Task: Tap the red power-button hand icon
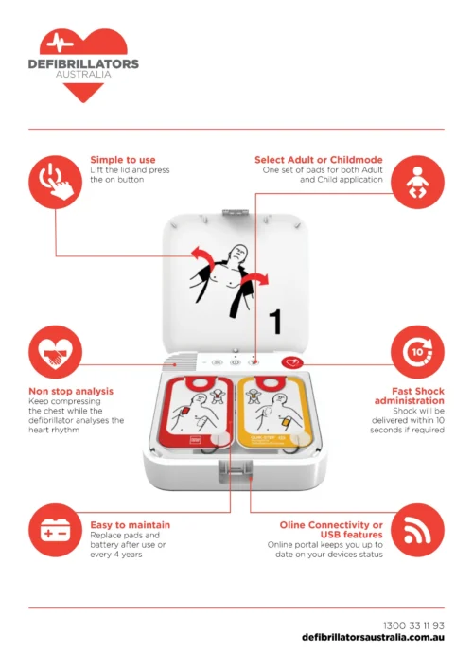tap(56, 183)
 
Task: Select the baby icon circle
tap(417, 183)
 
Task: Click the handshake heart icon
tap(56, 352)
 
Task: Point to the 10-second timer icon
tap(417, 352)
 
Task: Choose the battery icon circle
tap(56, 530)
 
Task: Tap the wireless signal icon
tap(417, 530)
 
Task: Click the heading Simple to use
tap(123, 160)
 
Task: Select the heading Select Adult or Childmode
tap(319, 160)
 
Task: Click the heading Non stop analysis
tap(71, 391)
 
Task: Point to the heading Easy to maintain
tap(131, 525)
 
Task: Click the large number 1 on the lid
tap(276, 322)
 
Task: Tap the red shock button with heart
tap(292, 363)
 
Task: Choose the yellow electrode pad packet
tap(273, 412)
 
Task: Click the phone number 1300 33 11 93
tap(413, 625)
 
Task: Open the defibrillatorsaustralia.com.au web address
tap(373, 638)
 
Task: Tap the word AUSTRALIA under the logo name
tap(83, 74)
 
